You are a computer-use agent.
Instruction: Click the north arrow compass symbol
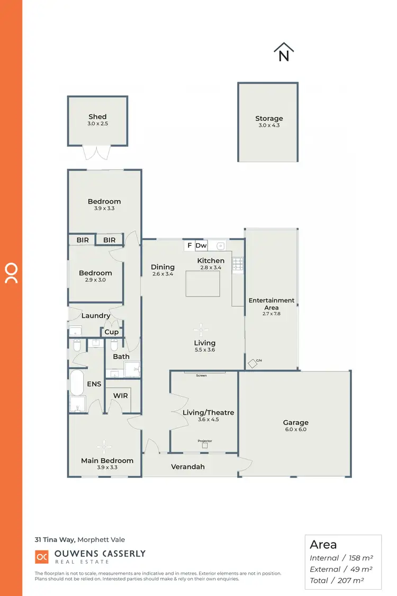tap(284, 52)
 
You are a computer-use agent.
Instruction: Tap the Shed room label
tap(97, 117)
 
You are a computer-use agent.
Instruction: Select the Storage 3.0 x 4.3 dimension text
tap(269, 125)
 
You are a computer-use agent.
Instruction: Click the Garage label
tap(295, 423)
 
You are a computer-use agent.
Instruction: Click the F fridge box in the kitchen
tap(190, 246)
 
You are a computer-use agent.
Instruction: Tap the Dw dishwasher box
tap(201, 246)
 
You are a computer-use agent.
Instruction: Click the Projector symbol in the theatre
tap(205, 446)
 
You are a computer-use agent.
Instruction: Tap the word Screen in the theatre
tap(202, 376)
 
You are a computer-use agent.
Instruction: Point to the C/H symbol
tap(252, 363)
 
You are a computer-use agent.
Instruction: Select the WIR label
tap(121, 396)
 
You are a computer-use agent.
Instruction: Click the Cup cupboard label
tap(112, 332)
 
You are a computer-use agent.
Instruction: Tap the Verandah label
tap(187, 467)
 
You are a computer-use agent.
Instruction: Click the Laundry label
tap(96, 316)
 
